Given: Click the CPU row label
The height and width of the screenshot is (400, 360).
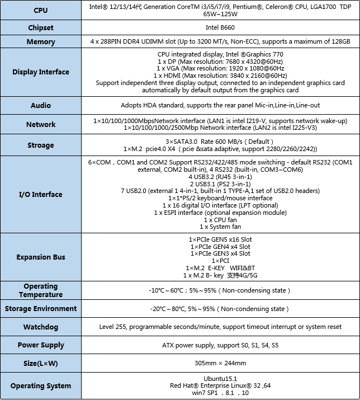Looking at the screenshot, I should click(x=41, y=11).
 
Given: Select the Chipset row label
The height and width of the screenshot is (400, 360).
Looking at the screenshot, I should click(x=41, y=28).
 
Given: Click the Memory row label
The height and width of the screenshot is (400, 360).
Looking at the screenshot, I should click(x=41, y=42).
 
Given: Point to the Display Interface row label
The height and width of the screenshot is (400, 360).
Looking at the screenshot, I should click(x=41, y=72).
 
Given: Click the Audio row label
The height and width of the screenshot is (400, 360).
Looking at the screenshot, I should click(x=41, y=105).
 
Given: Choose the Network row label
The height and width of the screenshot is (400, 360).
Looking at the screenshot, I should click(x=41, y=124).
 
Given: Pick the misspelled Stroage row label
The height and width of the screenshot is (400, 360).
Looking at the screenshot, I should click(x=41, y=145).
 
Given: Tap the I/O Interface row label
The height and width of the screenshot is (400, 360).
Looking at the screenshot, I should click(x=41, y=195).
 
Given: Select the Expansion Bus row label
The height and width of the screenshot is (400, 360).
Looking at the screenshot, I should click(x=41, y=257).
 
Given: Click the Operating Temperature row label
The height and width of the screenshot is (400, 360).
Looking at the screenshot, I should click(x=41, y=290).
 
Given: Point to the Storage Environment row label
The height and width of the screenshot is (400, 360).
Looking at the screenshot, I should click(x=41, y=309).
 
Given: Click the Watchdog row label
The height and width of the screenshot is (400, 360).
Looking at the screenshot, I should click(x=41, y=327).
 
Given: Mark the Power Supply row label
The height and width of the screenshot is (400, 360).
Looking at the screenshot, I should click(x=41, y=345).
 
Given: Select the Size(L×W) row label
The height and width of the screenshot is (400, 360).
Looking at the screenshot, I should click(x=41, y=364).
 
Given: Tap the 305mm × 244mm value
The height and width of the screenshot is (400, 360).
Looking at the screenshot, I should click(x=220, y=363).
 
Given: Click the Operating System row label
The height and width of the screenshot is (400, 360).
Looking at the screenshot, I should click(x=41, y=385).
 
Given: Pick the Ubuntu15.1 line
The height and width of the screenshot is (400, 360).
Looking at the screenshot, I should click(x=220, y=378).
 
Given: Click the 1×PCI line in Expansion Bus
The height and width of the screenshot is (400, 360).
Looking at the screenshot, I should click(x=220, y=261).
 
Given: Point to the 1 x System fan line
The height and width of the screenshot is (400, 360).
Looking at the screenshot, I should click(x=220, y=227).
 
